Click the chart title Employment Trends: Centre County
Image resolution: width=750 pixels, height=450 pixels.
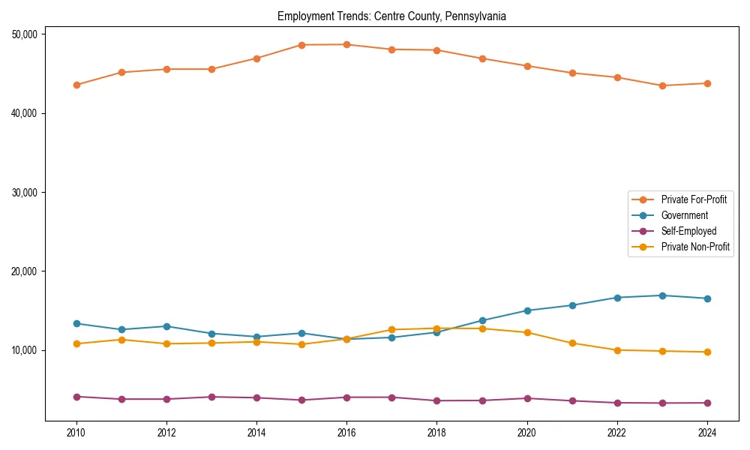(391, 16)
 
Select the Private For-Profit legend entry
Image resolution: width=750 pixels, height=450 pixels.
(693, 199)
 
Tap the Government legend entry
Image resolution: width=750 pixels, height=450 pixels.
(684, 215)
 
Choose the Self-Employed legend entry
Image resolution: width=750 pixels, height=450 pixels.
(688, 231)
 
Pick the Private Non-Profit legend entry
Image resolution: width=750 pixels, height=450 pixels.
(695, 247)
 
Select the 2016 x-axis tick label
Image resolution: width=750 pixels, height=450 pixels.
(346, 433)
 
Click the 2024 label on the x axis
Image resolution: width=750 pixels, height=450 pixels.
(706, 433)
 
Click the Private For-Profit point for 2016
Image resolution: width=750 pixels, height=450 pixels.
(346, 44)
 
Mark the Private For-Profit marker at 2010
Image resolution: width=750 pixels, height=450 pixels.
(76, 85)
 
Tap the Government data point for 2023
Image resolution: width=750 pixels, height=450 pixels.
(662, 295)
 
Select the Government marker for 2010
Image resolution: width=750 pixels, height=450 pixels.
(76, 323)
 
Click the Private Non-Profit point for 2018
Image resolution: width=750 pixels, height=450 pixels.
(436, 328)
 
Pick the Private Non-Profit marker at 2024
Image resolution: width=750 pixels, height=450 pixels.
(706, 352)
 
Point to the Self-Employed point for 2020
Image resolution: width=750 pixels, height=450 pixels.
(526, 398)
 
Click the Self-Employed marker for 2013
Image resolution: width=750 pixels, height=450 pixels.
(211, 397)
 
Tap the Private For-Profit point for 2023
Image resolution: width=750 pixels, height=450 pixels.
(662, 85)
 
